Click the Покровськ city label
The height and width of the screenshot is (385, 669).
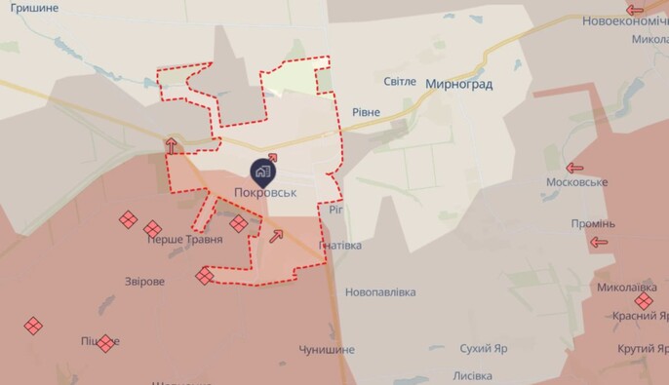(x=265, y=193)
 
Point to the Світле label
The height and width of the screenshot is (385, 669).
(x=399, y=80)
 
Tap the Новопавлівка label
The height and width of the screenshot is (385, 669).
(x=380, y=291)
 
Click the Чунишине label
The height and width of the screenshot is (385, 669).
(x=327, y=349)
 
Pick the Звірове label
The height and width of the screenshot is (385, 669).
(x=144, y=281)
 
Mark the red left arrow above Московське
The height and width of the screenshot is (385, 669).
(x=576, y=167)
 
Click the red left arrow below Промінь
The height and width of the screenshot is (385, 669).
(x=599, y=242)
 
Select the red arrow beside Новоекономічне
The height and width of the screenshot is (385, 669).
(x=635, y=10)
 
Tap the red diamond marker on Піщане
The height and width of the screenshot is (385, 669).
(x=105, y=343)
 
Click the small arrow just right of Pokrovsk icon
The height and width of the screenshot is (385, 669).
(x=272, y=156)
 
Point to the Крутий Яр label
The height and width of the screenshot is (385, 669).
(x=642, y=349)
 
